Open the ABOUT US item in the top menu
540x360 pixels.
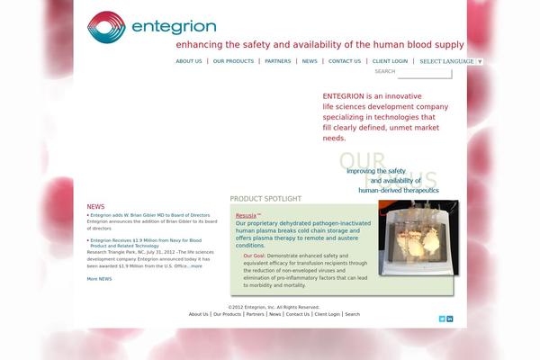pos(189,61)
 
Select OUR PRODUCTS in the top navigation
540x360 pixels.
pos(233,61)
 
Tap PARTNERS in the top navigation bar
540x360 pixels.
pos(278,61)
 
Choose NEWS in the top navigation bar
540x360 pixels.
pos(310,61)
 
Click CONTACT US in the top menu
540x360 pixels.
pos(345,61)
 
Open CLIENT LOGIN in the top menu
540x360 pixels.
pos(390,61)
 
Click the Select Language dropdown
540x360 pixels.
pos(451,61)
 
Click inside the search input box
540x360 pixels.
pos(424,72)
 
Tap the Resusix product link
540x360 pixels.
pos(247,216)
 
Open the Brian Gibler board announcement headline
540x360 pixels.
pos(150,215)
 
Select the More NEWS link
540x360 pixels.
pos(99,279)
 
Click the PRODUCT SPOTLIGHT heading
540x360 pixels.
pos(265,199)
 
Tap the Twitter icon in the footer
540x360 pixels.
pos(442,319)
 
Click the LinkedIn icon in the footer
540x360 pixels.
pos(450,319)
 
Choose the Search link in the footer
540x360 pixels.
pos(352,314)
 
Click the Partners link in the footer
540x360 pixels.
pos(255,314)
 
